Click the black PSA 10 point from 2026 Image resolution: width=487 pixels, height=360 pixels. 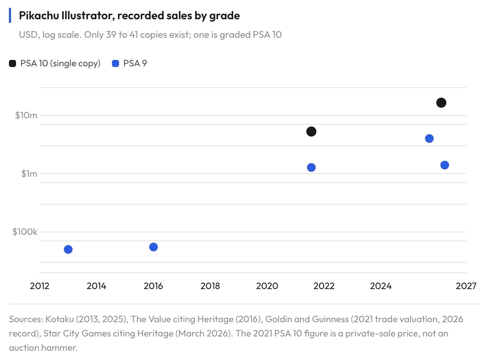(x=441, y=103)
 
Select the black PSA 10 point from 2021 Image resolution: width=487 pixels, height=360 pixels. (x=311, y=132)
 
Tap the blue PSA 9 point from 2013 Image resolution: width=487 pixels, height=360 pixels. (x=68, y=249)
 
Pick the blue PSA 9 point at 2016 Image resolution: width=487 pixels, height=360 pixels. (x=153, y=247)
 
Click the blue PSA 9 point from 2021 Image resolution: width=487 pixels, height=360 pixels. (x=311, y=168)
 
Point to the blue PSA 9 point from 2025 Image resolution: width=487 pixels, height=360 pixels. (x=429, y=139)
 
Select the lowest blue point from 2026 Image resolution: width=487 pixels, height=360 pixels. (x=445, y=165)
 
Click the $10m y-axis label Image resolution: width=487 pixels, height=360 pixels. (x=26, y=115)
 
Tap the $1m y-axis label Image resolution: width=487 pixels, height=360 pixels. (x=29, y=174)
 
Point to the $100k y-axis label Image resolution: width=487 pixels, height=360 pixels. (x=25, y=232)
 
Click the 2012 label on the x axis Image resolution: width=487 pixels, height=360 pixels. (x=40, y=286)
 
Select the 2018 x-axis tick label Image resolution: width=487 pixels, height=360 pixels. (x=210, y=286)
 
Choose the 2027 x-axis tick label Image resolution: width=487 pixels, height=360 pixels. (x=466, y=286)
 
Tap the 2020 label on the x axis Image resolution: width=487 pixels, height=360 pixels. (x=267, y=286)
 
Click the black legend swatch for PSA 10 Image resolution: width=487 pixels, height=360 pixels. (x=12, y=63)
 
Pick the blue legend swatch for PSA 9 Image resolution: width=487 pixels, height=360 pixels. (x=116, y=63)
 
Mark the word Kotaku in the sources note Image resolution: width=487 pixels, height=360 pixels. (x=60, y=319)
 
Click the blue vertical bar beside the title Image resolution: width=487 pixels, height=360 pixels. (x=10, y=15)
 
